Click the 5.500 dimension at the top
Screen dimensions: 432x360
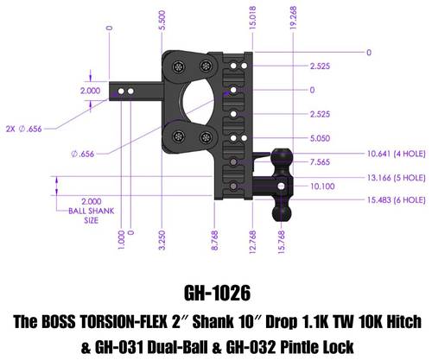point(162,20)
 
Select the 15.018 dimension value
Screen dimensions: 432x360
point(252,18)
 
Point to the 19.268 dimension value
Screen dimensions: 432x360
point(293,18)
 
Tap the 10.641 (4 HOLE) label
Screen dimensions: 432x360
point(397,154)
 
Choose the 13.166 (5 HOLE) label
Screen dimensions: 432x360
point(397,178)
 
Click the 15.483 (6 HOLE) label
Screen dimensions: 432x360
point(397,200)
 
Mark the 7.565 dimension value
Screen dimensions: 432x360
point(320,162)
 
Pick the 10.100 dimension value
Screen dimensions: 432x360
point(322,186)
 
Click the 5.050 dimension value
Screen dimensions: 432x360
point(320,138)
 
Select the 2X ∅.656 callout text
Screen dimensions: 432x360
point(24,129)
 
